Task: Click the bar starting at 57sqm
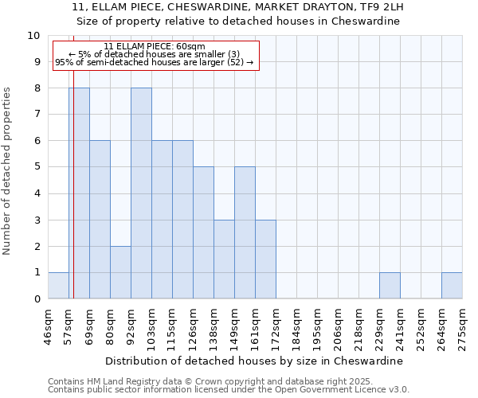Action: pyautogui.click(x=79, y=193)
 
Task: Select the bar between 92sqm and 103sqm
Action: pyautogui.click(x=141, y=193)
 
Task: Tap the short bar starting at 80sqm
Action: pyautogui.click(x=120, y=272)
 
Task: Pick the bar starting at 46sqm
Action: pyautogui.click(x=58, y=285)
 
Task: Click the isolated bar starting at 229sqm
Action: pyautogui.click(x=390, y=285)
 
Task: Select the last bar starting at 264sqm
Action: pyautogui.click(x=452, y=285)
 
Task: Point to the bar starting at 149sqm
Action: pyautogui.click(x=245, y=232)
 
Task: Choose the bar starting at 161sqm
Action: pyautogui.click(x=265, y=259)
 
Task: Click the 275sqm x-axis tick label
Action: pyautogui.click(x=462, y=326)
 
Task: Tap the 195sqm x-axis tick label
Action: pyautogui.click(x=318, y=326)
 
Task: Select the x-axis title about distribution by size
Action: pyautogui.click(x=255, y=361)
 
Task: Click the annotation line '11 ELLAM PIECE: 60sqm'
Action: pyautogui.click(x=155, y=46)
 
